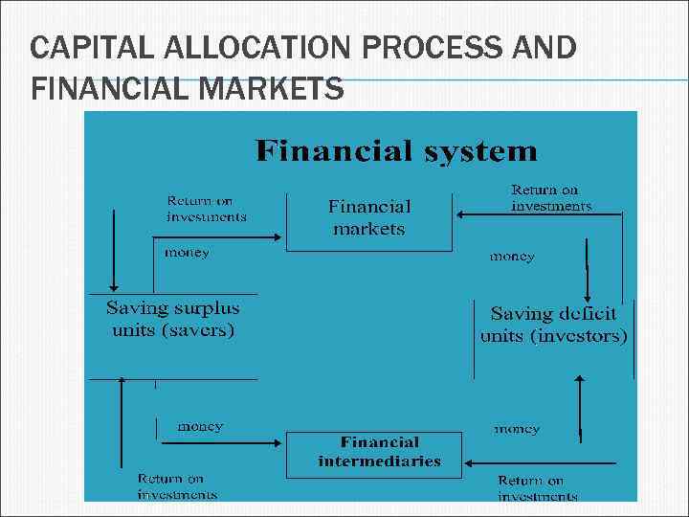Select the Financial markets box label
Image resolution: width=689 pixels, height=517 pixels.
point(369,217)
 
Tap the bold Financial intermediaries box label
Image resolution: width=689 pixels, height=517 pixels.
point(379,451)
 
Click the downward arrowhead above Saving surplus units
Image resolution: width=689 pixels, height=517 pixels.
point(114,284)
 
